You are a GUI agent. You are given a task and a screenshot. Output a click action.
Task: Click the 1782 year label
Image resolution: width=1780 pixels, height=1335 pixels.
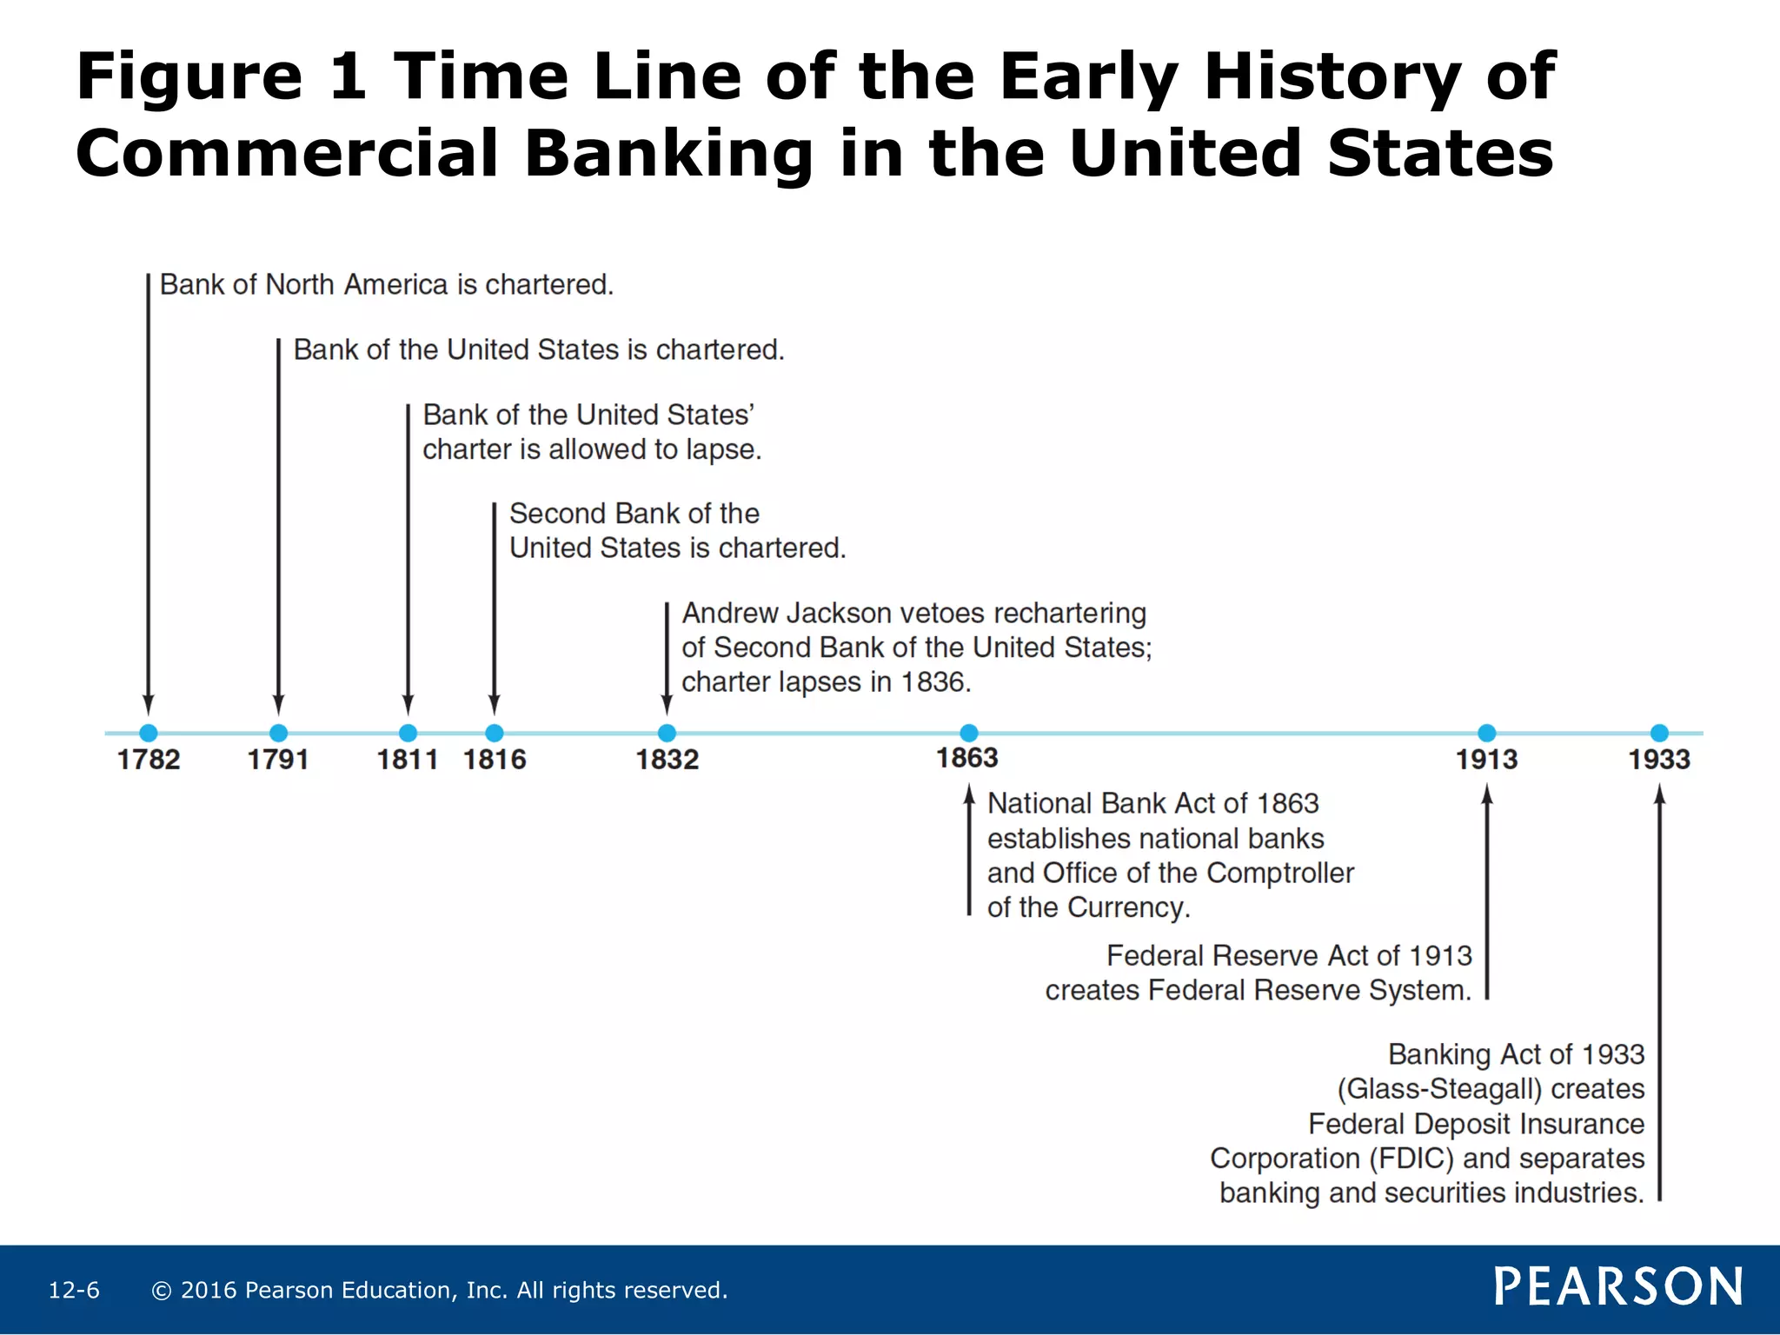(x=149, y=760)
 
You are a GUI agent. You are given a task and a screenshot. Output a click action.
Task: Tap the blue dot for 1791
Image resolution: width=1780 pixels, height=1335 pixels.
(x=278, y=733)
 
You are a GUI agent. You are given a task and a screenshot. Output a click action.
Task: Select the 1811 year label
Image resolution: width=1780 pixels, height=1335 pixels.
(x=407, y=760)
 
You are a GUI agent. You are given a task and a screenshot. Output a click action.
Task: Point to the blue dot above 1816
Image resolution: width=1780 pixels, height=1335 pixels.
(x=494, y=733)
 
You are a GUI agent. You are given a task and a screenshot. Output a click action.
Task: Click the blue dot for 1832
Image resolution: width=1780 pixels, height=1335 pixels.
(x=667, y=733)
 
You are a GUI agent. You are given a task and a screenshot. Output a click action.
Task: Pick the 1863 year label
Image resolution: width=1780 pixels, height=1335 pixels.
(x=966, y=758)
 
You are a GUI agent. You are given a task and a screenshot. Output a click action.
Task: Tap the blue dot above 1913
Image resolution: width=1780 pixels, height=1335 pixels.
(x=1486, y=733)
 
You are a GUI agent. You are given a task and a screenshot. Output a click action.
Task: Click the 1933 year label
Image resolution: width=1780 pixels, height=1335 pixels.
(x=1658, y=760)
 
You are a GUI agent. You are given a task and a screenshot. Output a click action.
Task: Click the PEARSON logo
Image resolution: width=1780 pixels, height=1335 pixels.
(x=1617, y=1286)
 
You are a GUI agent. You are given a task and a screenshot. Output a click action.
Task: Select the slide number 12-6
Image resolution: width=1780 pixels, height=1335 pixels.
(x=74, y=1290)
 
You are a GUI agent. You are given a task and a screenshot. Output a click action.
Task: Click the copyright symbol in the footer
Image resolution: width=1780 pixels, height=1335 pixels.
(x=161, y=1291)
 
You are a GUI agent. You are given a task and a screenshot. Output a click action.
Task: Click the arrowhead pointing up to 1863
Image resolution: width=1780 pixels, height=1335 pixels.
(x=968, y=794)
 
